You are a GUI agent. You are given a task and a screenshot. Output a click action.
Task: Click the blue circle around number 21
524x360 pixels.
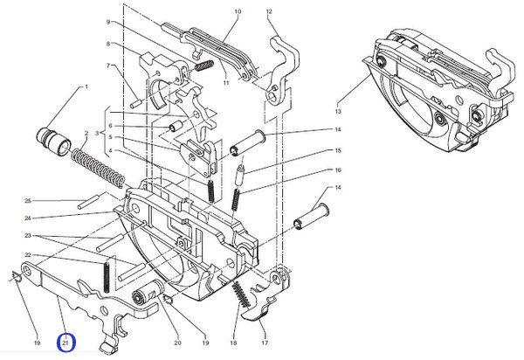(x=66, y=343)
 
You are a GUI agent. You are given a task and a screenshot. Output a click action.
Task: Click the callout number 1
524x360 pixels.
(x=86, y=87)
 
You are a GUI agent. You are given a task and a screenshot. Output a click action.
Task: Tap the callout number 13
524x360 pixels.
(x=338, y=111)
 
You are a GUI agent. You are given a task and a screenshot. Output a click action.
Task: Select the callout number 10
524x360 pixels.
(x=238, y=11)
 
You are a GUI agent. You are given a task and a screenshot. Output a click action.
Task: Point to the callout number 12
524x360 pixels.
(x=269, y=11)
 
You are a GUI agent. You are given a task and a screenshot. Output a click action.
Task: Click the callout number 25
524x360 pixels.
(x=28, y=201)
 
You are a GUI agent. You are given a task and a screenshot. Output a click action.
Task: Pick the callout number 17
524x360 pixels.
(x=265, y=343)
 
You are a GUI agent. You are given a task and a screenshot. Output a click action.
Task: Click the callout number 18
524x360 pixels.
(x=233, y=343)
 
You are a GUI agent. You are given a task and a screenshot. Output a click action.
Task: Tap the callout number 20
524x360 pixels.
(x=177, y=343)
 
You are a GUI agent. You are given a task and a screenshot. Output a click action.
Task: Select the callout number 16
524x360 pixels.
(x=338, y=170)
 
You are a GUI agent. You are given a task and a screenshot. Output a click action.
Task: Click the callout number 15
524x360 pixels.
(x=338, y=150)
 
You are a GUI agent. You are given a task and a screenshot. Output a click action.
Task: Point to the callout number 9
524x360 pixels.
(x=108, y=22)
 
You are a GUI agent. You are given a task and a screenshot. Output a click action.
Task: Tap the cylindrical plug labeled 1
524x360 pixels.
(x=53, y=141)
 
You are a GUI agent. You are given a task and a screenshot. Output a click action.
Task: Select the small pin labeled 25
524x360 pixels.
(x=88, y=203)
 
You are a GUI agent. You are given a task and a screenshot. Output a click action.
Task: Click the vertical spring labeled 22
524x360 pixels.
(x=107, y=276)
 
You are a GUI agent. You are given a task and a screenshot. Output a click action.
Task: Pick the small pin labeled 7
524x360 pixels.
(x=137, y=103)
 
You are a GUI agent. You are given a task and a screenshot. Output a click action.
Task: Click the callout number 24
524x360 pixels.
(x=28, y=218)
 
